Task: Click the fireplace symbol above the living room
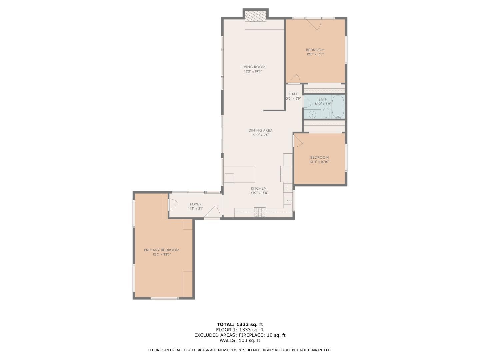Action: tap(256, 16)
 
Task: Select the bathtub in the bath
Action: tap(338, 107)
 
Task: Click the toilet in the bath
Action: tap(326, 114)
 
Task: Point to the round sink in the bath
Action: tap(312, 115)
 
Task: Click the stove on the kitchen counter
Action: tap(260, 212)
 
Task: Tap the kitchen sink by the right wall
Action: tap(288, 201)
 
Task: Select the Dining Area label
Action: tap(260, 130)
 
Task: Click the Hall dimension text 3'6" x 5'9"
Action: tap(293, 99)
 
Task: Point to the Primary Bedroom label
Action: tap(161, 250)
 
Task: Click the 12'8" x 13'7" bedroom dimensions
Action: tap(315, 54)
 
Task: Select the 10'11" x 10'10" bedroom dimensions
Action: tap(319, 162)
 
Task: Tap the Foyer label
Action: tap(196, 204)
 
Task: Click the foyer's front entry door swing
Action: tap(213, 213)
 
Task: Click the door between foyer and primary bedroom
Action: tap(172, 204)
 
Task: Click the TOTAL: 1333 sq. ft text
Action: tap(240, 324)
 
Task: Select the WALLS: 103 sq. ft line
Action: tap(240, 340)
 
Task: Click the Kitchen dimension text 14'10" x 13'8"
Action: tap(258, 193)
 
